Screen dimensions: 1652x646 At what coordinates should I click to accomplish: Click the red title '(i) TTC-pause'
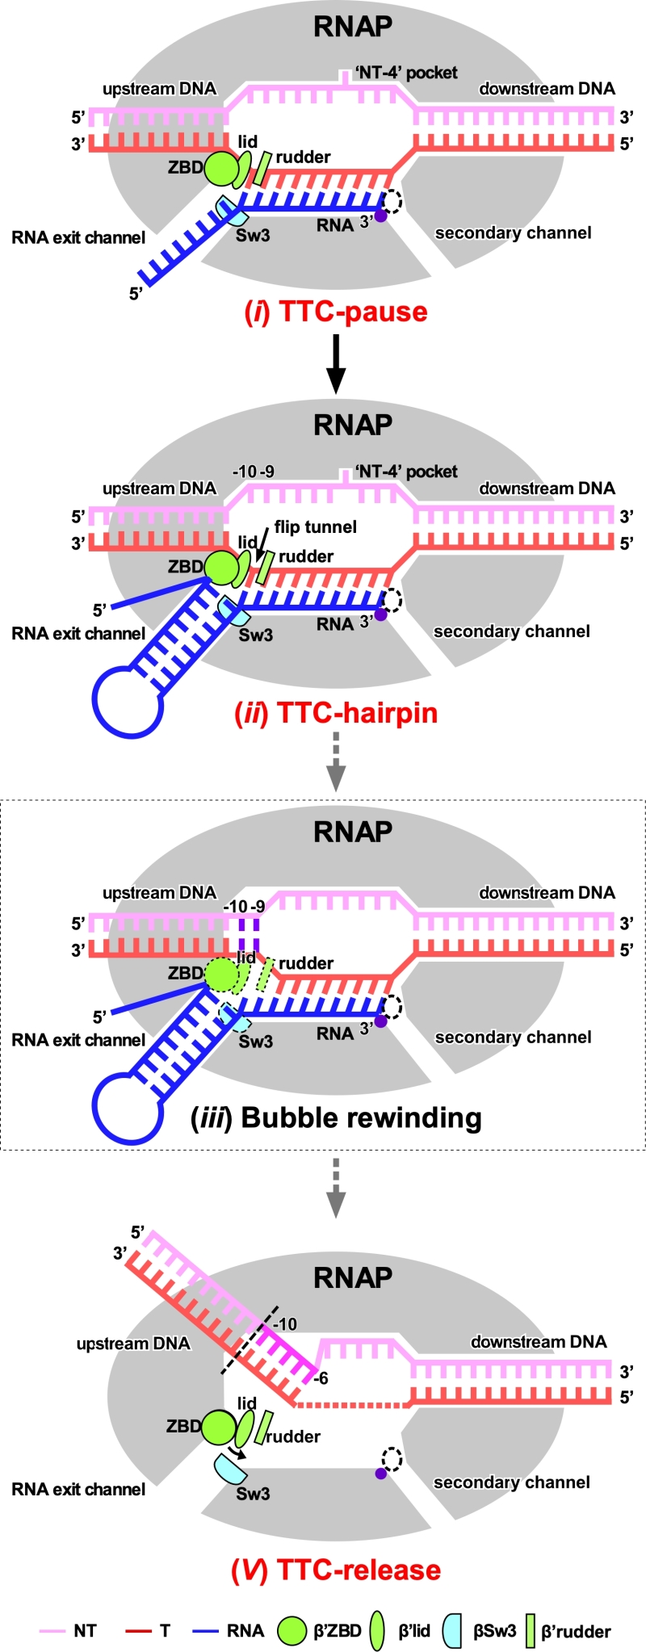point(336,312)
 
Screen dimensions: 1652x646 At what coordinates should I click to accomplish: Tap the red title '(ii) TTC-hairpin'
point(336,713)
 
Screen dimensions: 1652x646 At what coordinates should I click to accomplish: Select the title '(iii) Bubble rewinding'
point(336,1117)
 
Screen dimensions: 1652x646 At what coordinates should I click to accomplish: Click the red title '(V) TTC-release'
point(336,1570)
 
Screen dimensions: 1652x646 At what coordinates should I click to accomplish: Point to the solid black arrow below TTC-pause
point(336,363)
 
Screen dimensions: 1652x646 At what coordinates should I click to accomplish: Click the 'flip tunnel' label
point(315,527)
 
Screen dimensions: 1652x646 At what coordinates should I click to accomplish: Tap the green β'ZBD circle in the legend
point(294,1631)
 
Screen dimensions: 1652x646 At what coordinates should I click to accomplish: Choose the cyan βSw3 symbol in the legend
point(452,1631)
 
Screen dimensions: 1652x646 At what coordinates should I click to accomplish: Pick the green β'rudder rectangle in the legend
point(531,1631)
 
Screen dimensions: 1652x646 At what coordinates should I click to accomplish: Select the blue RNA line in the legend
point(206,1631)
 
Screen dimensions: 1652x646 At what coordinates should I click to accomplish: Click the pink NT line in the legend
point(52,1631)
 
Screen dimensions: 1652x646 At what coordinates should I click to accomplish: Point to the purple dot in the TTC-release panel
point(380,1474)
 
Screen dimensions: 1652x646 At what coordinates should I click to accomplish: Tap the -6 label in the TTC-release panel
point(321,1378)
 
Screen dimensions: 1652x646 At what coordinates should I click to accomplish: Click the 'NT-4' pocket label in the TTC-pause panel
point(406,73)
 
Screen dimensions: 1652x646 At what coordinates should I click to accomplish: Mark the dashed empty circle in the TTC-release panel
point(392,1458)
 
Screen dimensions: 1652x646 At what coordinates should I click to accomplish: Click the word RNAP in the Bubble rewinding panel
point(353,832)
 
